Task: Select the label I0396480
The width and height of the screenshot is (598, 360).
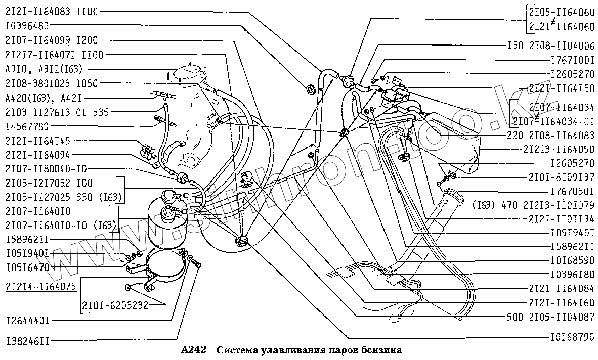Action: point(27,25)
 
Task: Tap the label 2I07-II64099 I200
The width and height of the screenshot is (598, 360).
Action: point(51,40)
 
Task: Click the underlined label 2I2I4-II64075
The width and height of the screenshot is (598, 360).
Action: point(40,287)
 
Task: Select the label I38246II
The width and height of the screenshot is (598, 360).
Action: point(27,341)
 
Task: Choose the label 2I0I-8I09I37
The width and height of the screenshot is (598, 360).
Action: point(562,178)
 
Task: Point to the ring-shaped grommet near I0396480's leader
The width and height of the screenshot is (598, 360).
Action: point(310,89)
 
